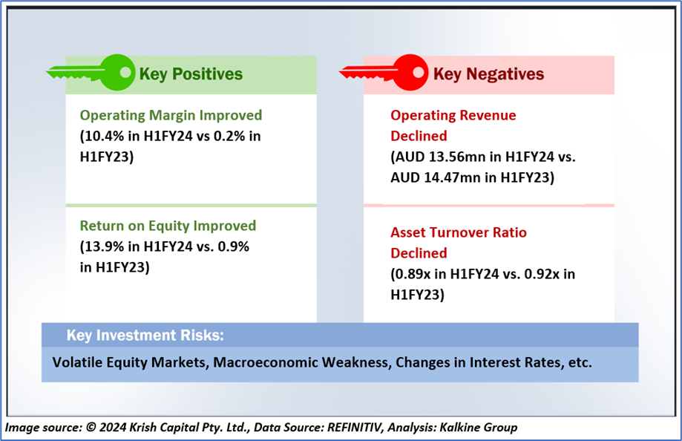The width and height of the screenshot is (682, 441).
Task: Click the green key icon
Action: click(x=91, y=72)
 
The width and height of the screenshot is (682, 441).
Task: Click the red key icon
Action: click(x=384, y=72)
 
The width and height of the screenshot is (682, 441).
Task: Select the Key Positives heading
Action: click(x=191, y=74)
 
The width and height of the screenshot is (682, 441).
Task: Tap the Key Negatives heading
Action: click(x=488, y=74)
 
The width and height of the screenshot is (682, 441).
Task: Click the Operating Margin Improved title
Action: click(x=171, y=115)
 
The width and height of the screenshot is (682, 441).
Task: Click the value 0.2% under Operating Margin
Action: click(x=229, y=137)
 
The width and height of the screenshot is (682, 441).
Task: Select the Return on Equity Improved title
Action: click(x=168, y=226)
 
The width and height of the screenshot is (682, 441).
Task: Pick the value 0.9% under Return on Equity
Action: click(x=234, y=246)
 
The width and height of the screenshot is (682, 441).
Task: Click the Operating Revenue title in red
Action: click(x=453, y=115)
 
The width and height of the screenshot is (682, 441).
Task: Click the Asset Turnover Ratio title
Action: click(x=459, y=232)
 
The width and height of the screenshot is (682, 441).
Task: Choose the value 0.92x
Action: click(x=542, y=274)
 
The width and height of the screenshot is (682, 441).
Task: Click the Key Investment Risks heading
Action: click(x=145, y=336)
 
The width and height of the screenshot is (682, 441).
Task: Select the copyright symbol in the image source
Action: click(x=91, y=428)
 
